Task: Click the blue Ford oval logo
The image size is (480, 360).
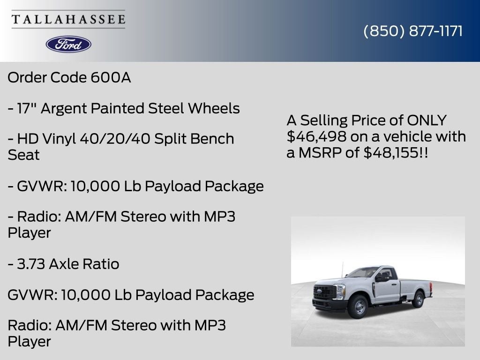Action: coord(68,44)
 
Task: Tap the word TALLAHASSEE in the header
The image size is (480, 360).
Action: coord(68,19)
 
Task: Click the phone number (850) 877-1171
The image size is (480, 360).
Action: coord(413,31)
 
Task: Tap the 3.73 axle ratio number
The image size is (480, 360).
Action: coord(31,264)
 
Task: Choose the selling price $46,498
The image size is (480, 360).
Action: coord(317,137)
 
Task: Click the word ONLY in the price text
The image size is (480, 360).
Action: coord(427,120)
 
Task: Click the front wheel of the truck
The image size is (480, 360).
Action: coord(360,307)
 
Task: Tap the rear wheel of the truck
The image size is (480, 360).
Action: coord(417,299)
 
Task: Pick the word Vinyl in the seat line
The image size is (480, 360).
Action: coord(60,139)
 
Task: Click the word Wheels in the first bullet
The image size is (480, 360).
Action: coord(214,109)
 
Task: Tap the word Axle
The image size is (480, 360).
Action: coord(65,264)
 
